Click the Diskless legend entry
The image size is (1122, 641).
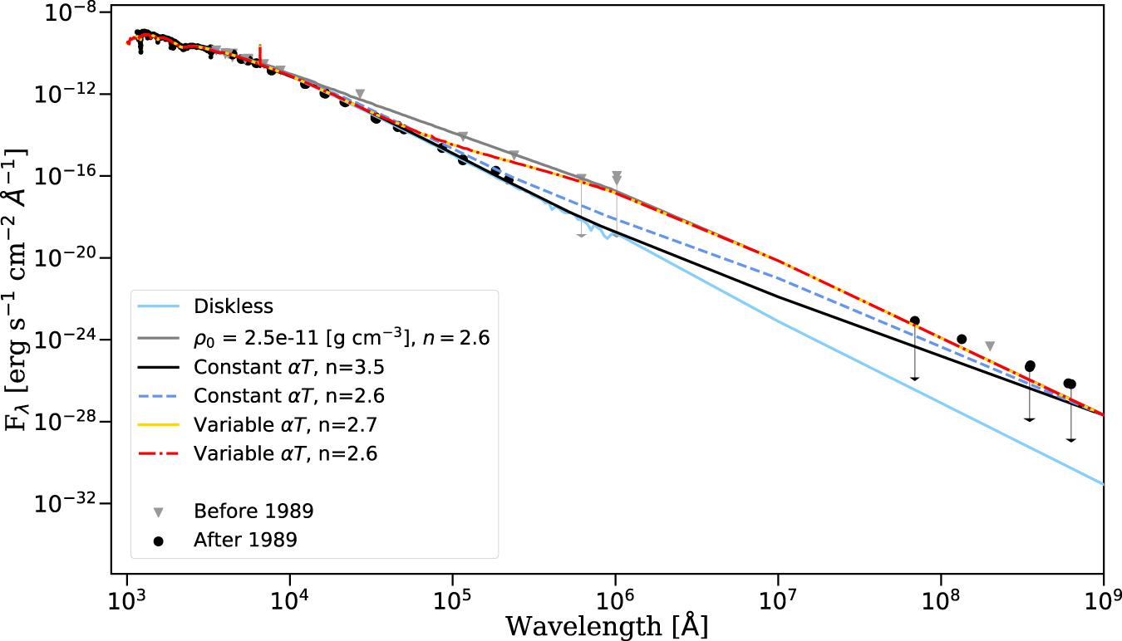233,306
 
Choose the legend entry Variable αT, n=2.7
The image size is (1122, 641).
288,425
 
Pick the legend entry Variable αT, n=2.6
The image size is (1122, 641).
288,455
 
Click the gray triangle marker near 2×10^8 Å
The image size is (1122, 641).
989,345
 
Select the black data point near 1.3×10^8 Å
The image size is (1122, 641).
962,339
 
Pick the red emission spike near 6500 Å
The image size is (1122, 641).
260,51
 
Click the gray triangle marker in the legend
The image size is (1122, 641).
158,509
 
